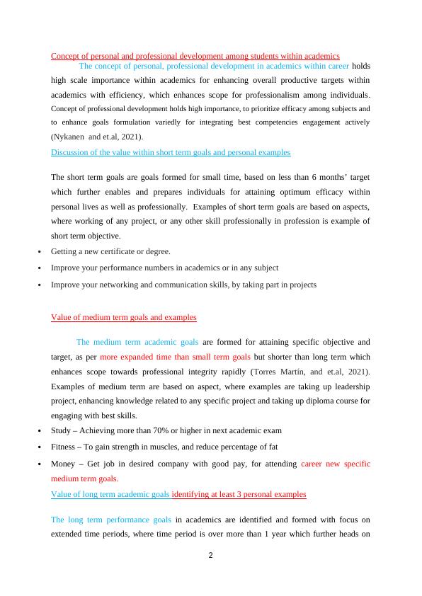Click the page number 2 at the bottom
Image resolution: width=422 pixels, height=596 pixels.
(210, 555)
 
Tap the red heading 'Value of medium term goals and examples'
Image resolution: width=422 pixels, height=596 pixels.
(123, 317)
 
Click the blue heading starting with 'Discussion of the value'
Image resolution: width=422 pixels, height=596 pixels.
(170, 152)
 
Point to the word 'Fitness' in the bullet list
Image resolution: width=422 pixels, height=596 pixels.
(64, 447)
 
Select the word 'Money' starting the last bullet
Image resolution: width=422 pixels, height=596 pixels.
(63, 464)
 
